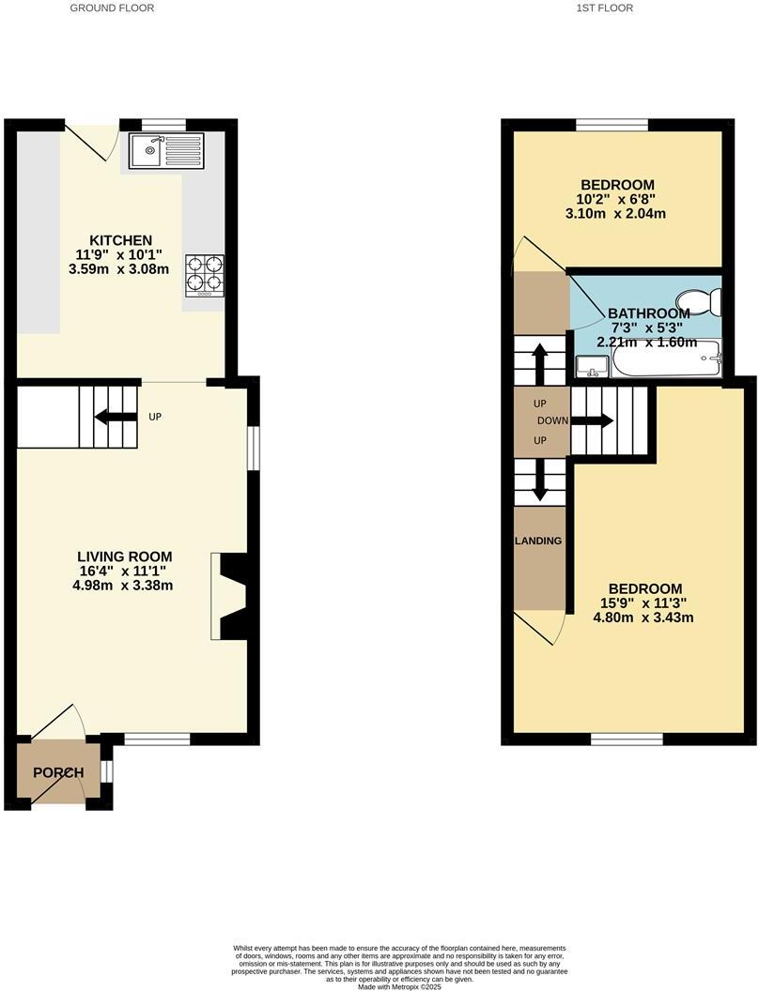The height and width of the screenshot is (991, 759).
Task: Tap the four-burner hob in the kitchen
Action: [x=205, y=273]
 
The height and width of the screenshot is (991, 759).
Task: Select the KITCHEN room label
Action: [x=120, y=240]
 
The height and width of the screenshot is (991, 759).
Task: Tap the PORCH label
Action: [x=58, y=773]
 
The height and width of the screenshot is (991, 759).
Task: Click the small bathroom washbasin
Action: [x=593, y=367]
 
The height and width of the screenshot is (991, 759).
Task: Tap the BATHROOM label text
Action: [x=649, y=313]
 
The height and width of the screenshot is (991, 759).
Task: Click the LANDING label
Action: [x=538, y=541]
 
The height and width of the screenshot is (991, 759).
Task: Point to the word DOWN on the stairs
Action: [x=553, y=420]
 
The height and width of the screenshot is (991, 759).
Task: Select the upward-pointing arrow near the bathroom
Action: [x=541, y=360]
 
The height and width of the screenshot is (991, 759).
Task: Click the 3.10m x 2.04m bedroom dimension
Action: [x=616, y=213]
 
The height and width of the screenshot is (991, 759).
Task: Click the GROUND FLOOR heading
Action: [x=112, y=8]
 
